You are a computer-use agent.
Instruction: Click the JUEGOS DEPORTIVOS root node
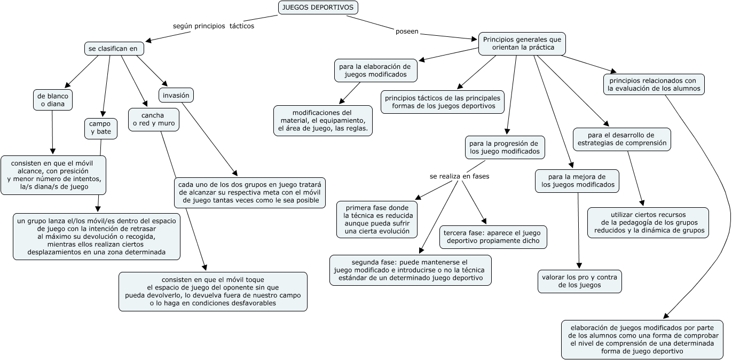click(318, 7)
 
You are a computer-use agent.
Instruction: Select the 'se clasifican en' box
click(114, 49)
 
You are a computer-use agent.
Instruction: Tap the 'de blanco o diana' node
click(52, 100)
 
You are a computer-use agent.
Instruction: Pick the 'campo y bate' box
click(100, 128)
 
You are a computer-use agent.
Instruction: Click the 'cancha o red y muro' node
click(153, 120)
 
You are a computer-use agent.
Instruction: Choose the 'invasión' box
click(176, 95)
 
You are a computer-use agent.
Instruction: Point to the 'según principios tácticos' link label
click(214, 26)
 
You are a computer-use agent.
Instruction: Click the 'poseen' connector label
click(407, 32)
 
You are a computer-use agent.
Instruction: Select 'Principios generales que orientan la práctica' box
click(522, 43)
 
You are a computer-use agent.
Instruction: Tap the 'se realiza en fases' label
click(459, 176)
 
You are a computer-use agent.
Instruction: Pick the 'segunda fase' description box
click(410, 270)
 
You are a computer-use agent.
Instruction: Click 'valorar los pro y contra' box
click(579, 281)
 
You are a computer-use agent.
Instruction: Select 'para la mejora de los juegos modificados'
click(577, 181)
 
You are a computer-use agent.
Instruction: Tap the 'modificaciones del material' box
click(322, 121)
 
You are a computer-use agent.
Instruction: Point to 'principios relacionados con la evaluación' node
click(654, 84)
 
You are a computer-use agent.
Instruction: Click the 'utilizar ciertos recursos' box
click(648, 223)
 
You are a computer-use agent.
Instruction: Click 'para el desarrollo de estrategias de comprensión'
click(621, 139)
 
